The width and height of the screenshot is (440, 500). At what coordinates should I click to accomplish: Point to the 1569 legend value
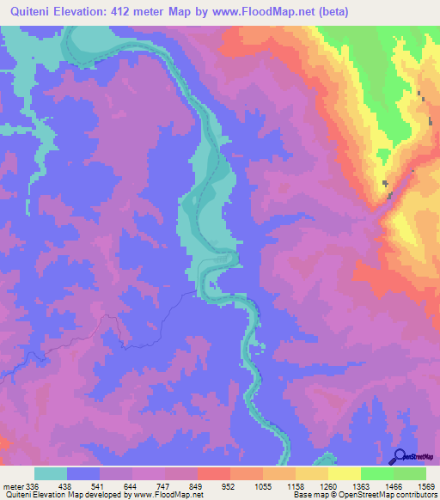click(426, 485)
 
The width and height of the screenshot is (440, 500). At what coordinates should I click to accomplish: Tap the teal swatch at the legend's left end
click(51, 473)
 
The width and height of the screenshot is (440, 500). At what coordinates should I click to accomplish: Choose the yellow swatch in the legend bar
click(344, 473)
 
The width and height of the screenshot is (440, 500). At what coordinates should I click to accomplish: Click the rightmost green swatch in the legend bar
click(409, 473)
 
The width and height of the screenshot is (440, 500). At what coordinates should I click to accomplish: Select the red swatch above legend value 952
click(213, 473)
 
